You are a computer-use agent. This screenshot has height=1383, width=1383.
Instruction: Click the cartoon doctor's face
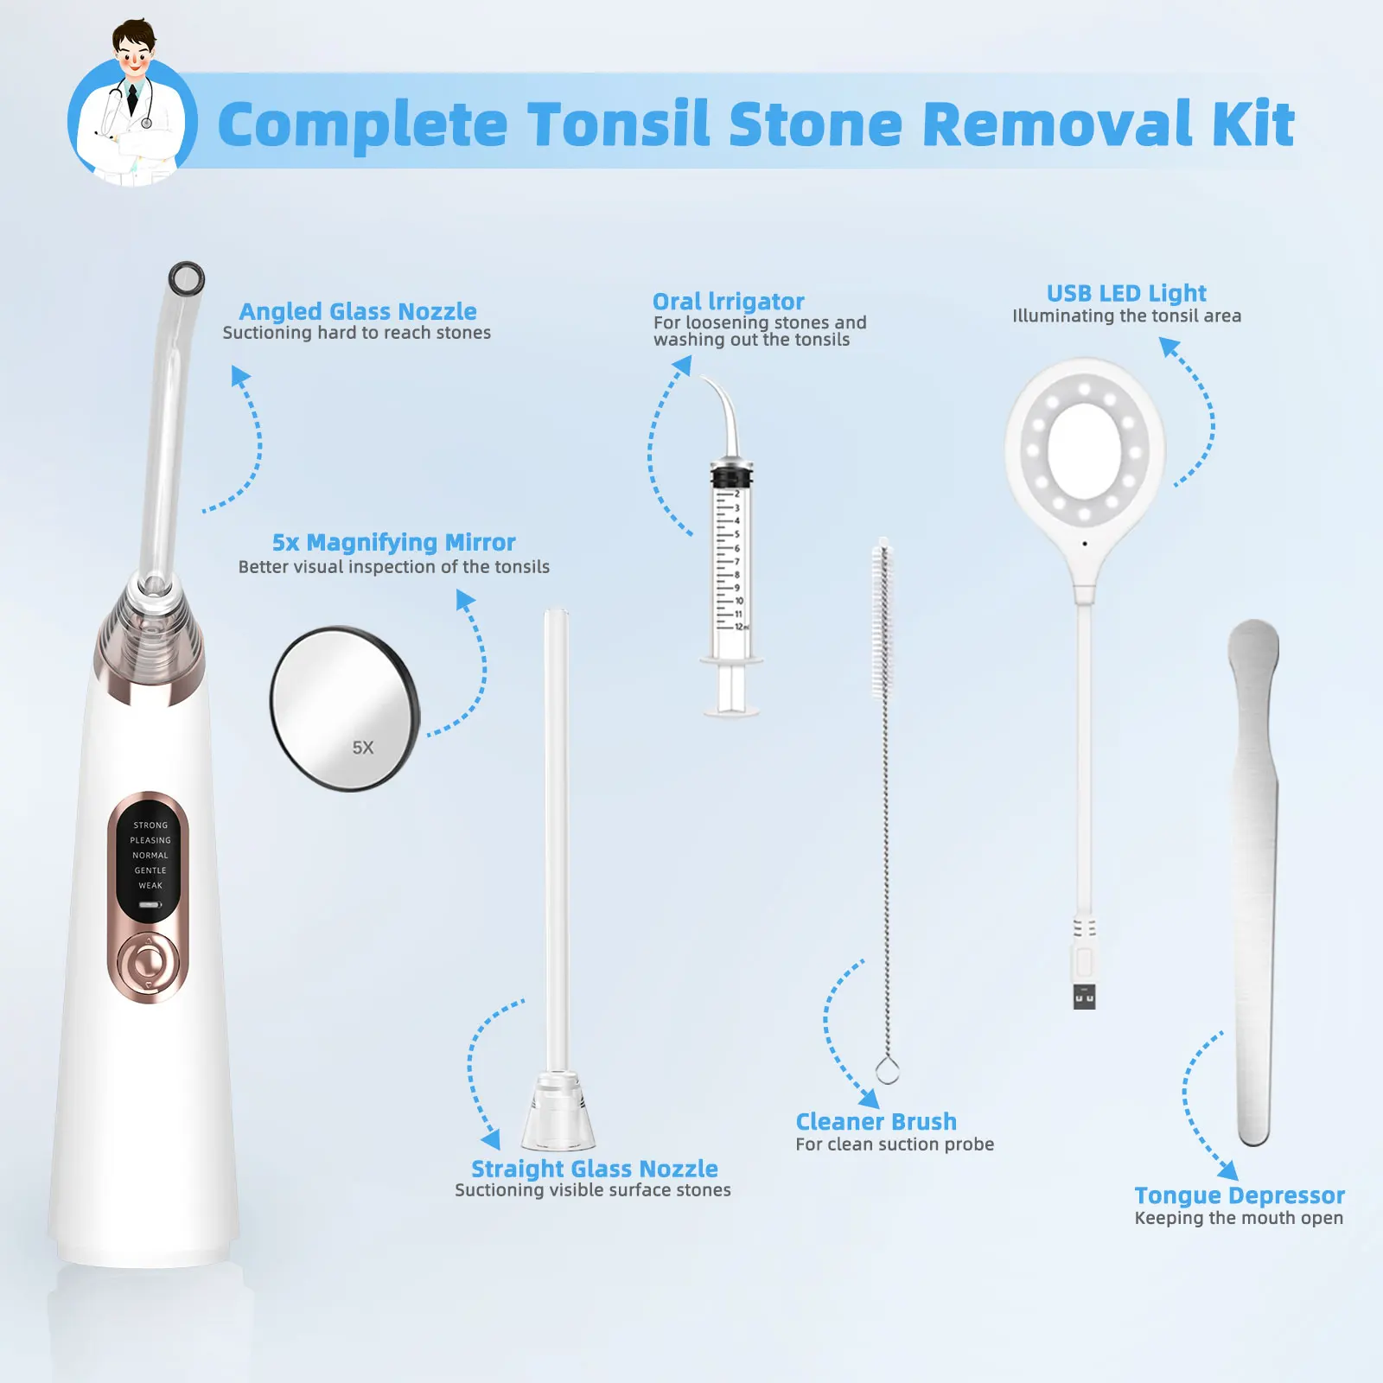[x=134, y=57]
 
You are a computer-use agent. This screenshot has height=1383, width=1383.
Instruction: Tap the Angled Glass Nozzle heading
[x=357, y=311]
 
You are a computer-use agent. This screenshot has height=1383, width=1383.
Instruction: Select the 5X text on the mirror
[x=363, y=748]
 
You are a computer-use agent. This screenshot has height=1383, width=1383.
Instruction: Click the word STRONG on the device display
[x=150, y=825]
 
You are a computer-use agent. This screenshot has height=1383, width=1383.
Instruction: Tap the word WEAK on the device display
[x=150, y=885]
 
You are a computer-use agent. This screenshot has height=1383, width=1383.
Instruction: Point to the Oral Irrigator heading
[x=728, y=302]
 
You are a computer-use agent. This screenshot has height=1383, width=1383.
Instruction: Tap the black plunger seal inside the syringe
[x=731, y=476]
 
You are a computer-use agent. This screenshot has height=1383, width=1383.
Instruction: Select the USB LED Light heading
[x=1125, y=293]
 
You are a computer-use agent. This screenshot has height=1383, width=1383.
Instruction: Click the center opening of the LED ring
[x=1084, y=450]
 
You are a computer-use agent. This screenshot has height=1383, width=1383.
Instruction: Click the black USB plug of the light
[x=1084, y=997]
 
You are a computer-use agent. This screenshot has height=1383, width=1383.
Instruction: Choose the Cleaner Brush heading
[x=876, y=1121]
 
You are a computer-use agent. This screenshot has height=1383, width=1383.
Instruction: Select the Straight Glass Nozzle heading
[x=594, y=1169]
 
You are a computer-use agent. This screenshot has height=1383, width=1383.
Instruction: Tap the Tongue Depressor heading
[x=1239, y=1195]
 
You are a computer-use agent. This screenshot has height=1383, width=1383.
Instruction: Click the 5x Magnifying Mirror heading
[x=393, y=542]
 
